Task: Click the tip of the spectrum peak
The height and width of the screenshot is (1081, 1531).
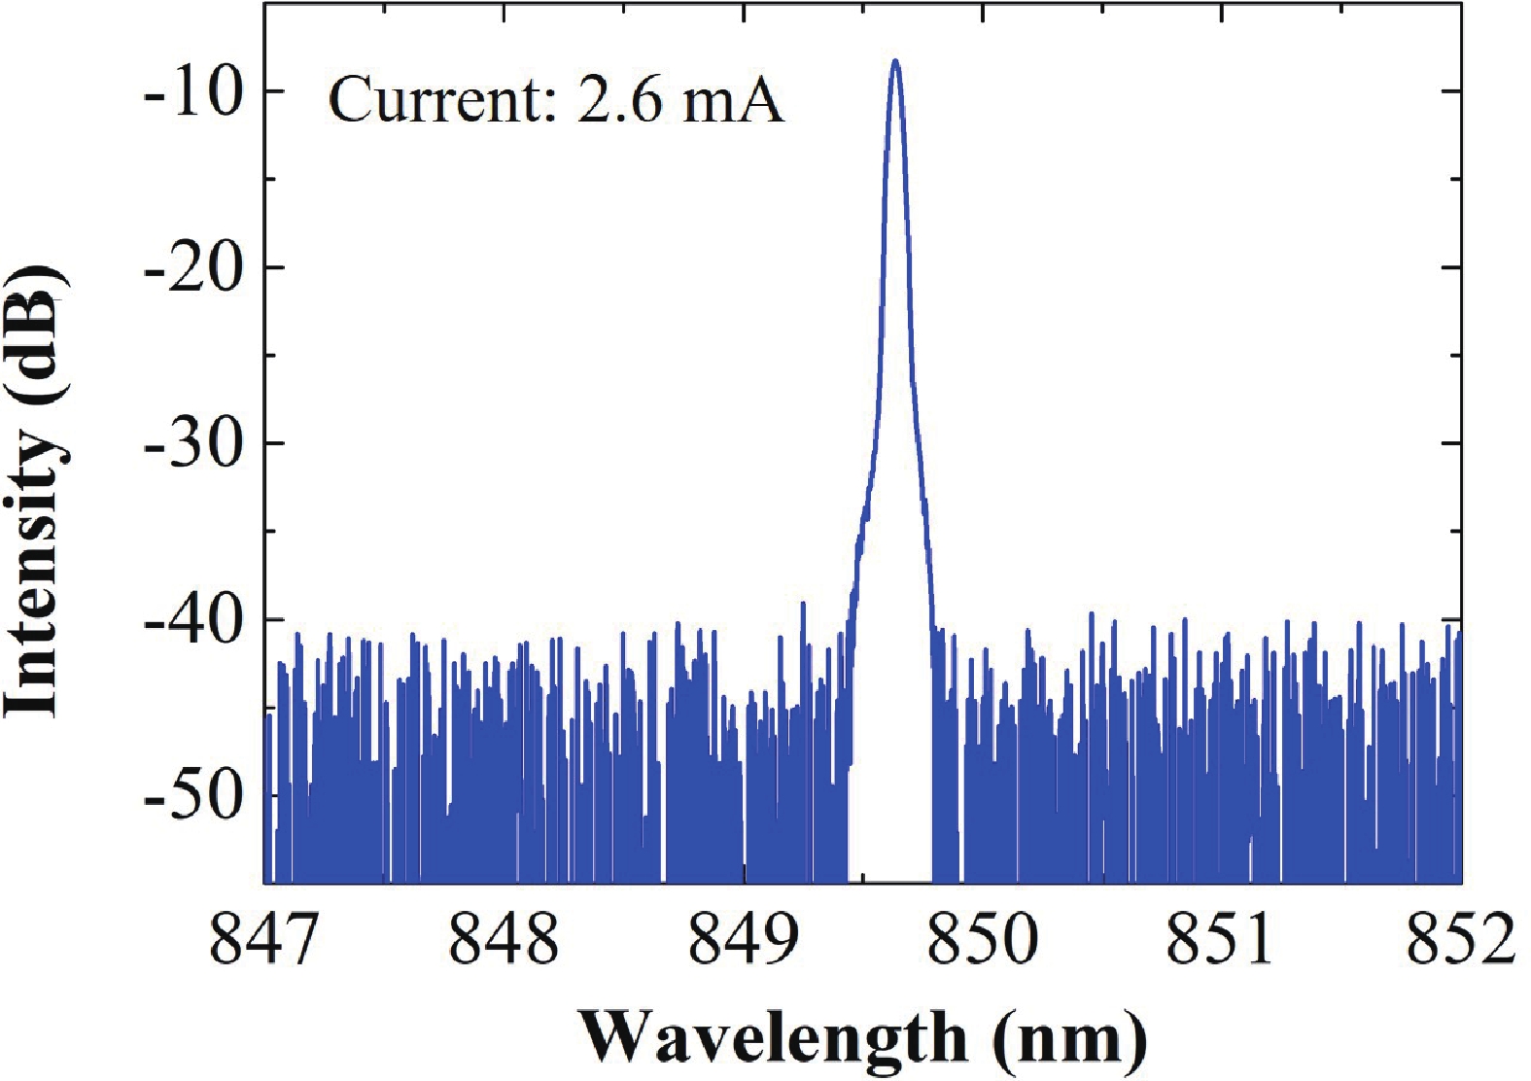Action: pos(895,62)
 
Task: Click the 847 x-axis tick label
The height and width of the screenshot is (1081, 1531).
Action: pos(264,941)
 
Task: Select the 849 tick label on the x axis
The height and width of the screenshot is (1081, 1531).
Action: pos(744,941)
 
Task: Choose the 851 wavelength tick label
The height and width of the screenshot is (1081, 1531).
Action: pos(1222,941)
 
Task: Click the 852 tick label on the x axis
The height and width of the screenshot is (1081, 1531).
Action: pos(1460,941)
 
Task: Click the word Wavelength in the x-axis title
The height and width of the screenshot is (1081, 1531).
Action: pos(773,1038)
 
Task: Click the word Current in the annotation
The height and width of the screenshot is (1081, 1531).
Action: pos(433,100)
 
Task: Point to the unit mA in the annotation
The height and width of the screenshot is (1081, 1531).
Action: pos(734,100)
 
